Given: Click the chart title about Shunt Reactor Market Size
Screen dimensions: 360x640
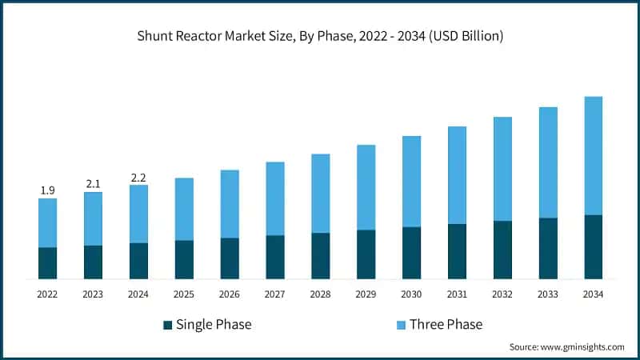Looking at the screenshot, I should pyautogui.click(x=320, y=35).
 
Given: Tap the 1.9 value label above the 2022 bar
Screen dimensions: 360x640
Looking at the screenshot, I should pyautogui.click(x=47, y=190).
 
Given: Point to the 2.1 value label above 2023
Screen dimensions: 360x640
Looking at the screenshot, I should pyautogui.click(x=93, y=184).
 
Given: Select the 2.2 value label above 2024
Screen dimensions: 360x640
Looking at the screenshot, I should pyautogui.click(x=138, y=178).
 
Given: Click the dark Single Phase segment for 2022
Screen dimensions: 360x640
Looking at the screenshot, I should pyautogui.click(x=47, y=263).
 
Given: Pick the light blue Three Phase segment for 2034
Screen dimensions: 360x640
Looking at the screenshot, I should pyautogui.click(x=594, y=156).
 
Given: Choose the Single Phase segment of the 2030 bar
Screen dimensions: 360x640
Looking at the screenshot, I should pyautogui.click(x=411, y=253).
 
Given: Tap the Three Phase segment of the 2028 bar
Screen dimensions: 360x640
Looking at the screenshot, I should pyautogui.click(x=320, y=194).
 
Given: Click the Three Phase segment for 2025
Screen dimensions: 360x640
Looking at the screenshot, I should pyautogui.click(x=184, y=209).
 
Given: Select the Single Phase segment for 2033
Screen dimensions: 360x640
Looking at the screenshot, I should pyautogui.click(x=548, y=248).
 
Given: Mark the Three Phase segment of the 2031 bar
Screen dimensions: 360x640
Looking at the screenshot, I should pyautogui.click(x=457, y=175).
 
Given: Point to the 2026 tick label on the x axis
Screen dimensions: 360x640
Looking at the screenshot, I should pyautogui.click(x=230, y=294).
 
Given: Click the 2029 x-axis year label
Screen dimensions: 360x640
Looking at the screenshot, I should pyautogui.click(x=366, y=294).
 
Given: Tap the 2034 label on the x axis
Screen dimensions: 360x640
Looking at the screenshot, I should pyautogui.click(x=594, y=294).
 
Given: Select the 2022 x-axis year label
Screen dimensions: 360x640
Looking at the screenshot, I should pyautogui.click(x=47, y=294).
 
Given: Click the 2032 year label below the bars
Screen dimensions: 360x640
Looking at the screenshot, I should pyautogui.click(x=502, y=294).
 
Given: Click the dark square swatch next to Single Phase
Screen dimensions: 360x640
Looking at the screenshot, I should pyautogui.click(x=167, y=325).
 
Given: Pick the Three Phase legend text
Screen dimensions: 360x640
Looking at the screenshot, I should pyautogui.click(x=446, y=324).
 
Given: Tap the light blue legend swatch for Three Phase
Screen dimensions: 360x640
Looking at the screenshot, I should pyautogui.click(x=401, y=325).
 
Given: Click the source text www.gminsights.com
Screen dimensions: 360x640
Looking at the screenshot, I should pyautogui.click(x=566, y=347).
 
